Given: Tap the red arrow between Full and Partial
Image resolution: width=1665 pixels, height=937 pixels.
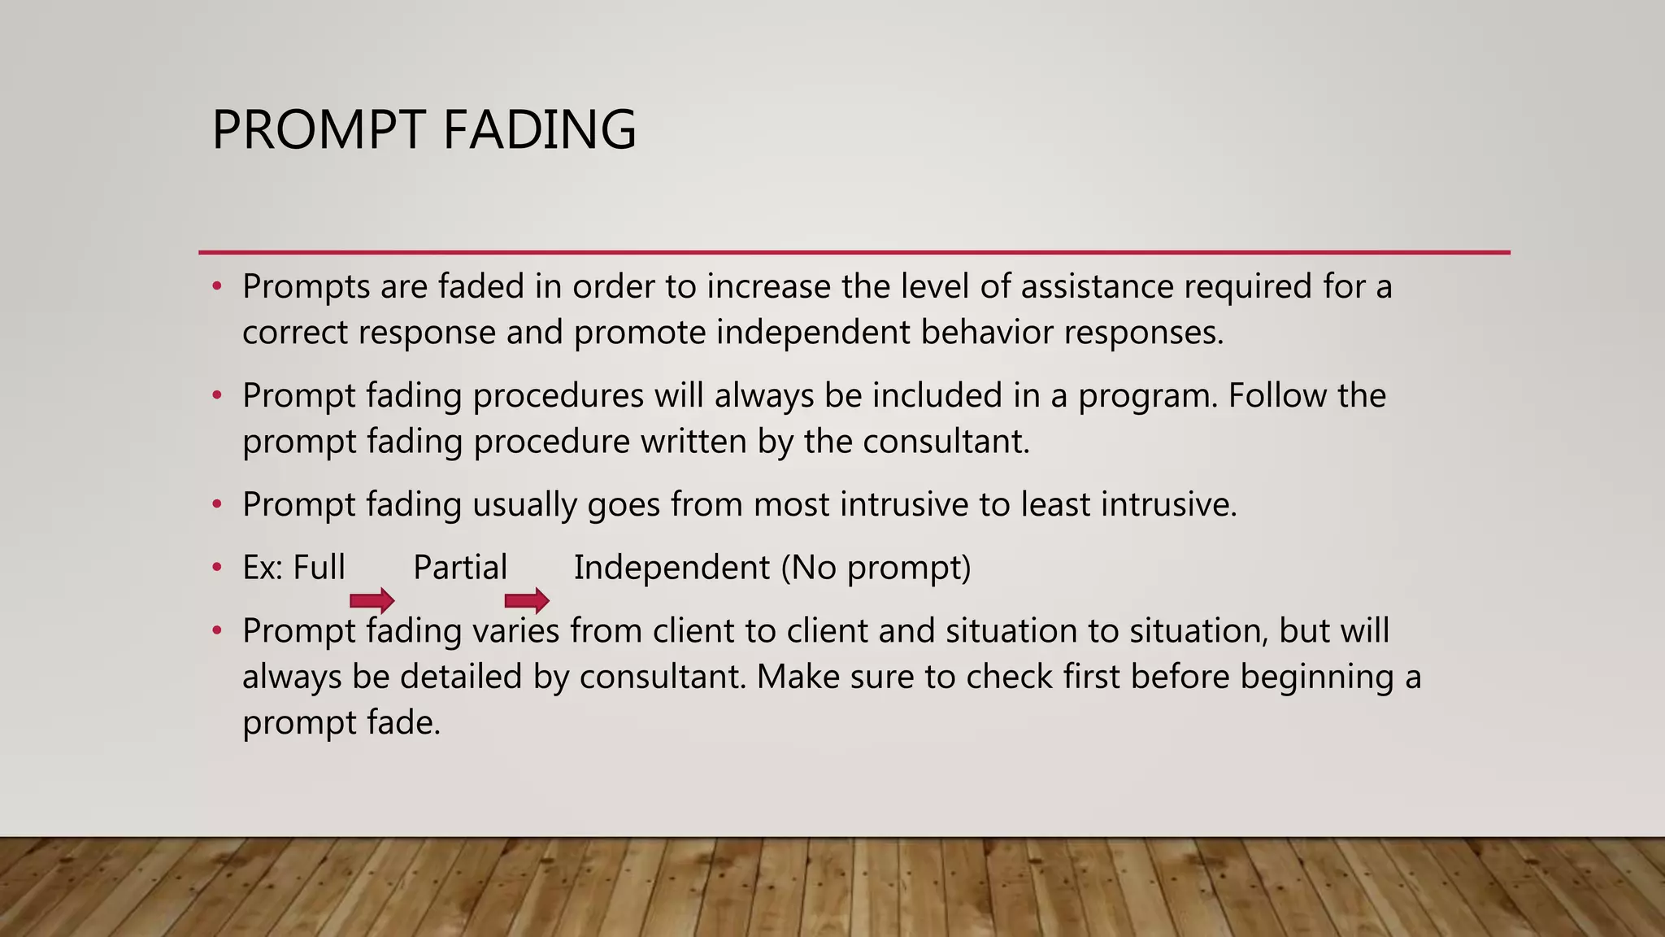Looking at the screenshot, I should [372, 602].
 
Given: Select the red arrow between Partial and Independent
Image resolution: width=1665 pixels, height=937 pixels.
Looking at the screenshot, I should [527, 602].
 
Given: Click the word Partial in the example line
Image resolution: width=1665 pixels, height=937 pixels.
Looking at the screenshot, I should [460, 568].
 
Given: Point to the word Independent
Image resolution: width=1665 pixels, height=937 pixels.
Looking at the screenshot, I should [672, 568].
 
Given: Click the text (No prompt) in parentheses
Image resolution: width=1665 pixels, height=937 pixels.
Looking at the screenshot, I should [876, 568].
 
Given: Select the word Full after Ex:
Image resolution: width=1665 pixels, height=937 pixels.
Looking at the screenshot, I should [319, 568].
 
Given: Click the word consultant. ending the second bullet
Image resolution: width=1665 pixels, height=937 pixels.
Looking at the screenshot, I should [946, 442].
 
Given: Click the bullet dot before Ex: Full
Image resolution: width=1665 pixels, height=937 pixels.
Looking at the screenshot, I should [216, 568].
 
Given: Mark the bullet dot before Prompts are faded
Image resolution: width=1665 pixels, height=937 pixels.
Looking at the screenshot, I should [216, 287].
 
